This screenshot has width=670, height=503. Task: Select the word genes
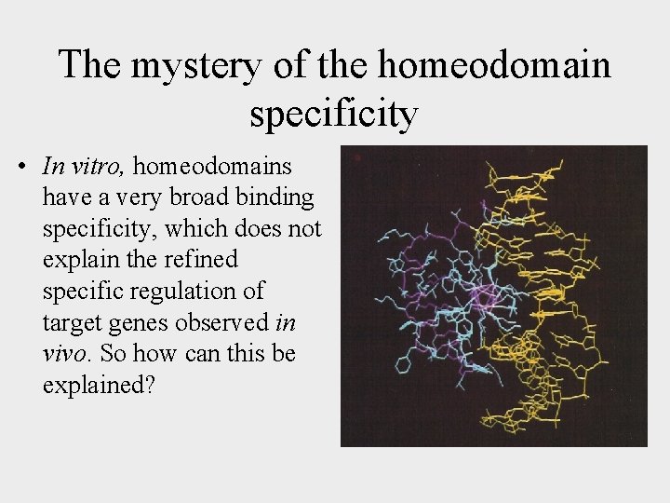[129, 321]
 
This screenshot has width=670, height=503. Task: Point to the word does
[266, 228]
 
